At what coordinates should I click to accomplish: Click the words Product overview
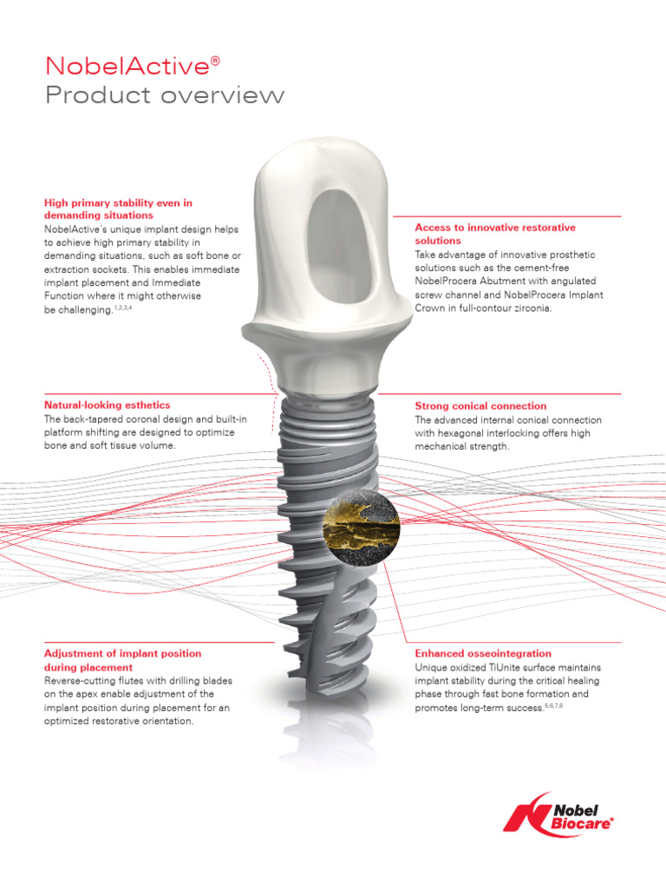pyautogui.click(x=164, y=95)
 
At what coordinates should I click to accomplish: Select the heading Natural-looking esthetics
pyautogui.click(x=107, y=405)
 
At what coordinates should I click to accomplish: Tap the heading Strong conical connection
pyautogui.click(x=480, y=405)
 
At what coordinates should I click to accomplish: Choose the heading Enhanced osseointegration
pyautogui.click(x=483, y=653)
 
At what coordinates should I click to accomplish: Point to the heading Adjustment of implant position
pyautogui.click(x=122, y=653)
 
